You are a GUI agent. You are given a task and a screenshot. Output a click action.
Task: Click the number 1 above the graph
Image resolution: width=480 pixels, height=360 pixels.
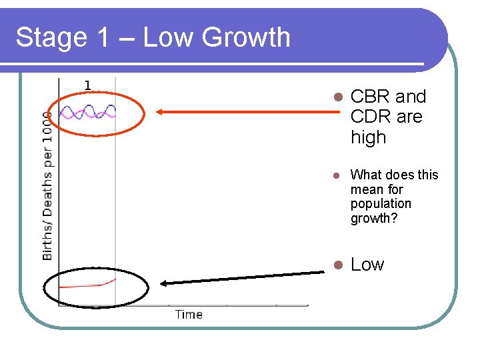[x=87, y=85]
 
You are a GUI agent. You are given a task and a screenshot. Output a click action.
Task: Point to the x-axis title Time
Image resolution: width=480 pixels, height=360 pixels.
[x=189, y=315]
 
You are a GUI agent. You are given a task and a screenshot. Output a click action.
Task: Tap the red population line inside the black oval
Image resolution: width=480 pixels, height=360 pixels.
[x=87, y=285]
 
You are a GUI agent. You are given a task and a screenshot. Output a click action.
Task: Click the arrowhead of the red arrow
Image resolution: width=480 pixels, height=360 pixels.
[x=161, y=111]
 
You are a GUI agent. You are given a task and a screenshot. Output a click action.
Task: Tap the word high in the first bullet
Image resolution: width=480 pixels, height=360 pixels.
[x=368, y=138]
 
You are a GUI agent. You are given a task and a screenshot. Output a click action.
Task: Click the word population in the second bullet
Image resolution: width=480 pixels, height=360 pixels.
[x=381, y=204]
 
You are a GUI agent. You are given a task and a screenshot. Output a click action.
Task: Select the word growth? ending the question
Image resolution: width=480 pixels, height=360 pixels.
[x=373, y=219]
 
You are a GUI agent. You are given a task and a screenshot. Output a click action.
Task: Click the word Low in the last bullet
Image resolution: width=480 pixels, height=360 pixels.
[x=367, y=265]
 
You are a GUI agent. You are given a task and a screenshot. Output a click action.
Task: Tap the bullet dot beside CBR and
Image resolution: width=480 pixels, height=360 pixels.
[x=337, y=97]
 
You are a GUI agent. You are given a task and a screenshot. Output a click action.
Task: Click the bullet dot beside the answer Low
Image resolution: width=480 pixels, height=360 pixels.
[x=337, y=265]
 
